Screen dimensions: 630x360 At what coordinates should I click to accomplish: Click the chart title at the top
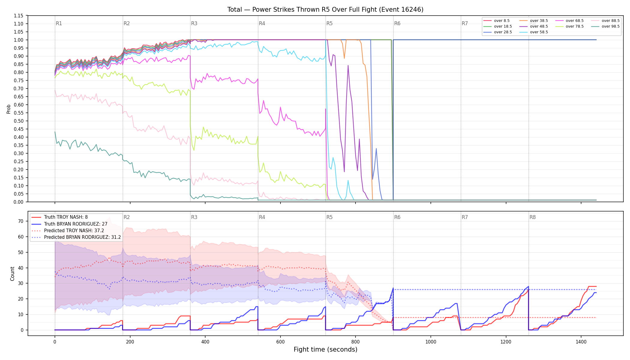coord(325,10)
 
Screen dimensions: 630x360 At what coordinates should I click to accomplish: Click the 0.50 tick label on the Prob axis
coord(18,121)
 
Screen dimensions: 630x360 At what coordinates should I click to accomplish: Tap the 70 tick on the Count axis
coord(21,221)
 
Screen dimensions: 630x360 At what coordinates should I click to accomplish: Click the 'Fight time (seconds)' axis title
coord(325,349)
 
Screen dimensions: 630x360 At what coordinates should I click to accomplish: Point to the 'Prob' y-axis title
coord(9,109)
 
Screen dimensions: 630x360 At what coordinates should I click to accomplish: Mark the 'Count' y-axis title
coord(12,274)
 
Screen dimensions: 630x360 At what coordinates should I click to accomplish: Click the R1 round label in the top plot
coord(59,23)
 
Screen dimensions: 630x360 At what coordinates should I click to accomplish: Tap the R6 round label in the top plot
coord(397,23)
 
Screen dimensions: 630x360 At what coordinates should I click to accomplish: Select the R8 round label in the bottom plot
coord(532,217)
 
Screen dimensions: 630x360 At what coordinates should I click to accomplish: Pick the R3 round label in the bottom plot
coord(194,217)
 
